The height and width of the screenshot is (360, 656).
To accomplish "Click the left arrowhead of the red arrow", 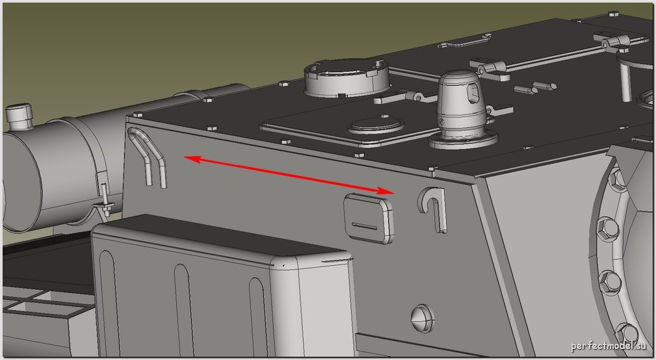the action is [x=190, y=159].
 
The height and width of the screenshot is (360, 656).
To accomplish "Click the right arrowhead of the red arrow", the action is [x=387, y=191].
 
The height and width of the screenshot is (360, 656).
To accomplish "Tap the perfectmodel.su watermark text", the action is [x=609, y=346].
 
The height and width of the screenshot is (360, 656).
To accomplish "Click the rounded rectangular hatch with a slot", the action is [x=369, y=218].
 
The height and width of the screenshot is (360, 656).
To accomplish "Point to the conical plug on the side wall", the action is [x=422, y=318].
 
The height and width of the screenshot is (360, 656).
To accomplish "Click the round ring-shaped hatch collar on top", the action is [x=347, y=78].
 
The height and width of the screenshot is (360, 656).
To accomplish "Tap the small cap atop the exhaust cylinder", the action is [x=19, y=116].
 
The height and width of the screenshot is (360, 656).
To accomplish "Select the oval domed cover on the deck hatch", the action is [x=376, y=125].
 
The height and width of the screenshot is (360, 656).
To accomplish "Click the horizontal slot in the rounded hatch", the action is [x=364, y=227].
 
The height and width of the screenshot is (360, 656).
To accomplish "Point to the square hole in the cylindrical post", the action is [x=473, y=92].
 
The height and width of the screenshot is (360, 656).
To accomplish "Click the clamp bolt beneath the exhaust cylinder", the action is [x=105, y=200].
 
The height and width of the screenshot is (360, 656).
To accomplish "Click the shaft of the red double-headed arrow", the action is [x=289, y=175].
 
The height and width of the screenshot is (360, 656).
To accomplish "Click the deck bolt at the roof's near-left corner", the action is [x=137, y=114].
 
